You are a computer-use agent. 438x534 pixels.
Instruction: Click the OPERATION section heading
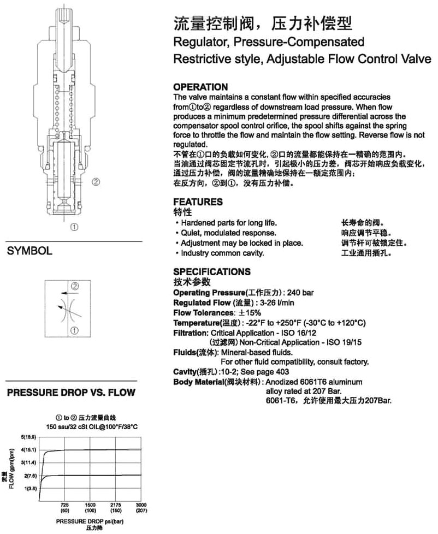(200, 87)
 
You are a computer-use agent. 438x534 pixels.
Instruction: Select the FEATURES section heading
(198, 202)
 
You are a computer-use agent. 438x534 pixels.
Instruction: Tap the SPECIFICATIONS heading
(212, 272)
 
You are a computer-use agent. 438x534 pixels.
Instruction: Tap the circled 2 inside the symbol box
(75, 286)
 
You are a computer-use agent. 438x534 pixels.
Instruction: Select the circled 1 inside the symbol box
(75, 330)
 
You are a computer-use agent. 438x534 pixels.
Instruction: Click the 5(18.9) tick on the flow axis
(28, 438)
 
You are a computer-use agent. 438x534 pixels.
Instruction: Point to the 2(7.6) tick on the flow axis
(29, 476)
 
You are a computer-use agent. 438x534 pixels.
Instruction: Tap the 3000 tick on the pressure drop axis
(141, 505)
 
